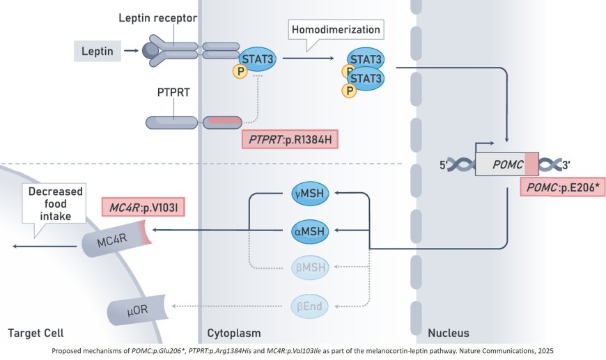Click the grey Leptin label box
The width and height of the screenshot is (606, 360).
coord(98,50)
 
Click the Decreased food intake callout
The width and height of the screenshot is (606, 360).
coord(55,203)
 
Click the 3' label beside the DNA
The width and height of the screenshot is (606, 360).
coord(567,166)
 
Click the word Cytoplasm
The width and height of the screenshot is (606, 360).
coord(234,333)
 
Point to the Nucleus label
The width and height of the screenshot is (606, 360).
coord(448,333)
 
